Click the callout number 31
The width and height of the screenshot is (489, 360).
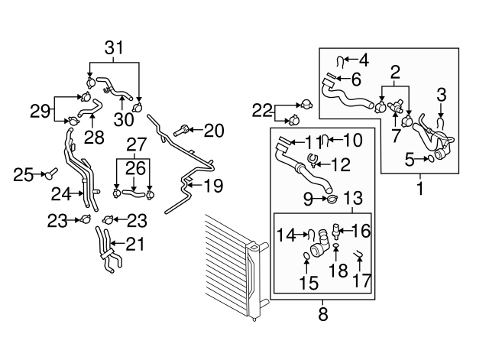114,48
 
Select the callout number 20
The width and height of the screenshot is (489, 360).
214,131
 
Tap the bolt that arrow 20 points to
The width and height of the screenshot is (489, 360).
180,130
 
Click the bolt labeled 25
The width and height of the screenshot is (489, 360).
50,174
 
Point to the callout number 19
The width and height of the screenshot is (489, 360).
215,185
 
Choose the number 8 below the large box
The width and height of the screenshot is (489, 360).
323,314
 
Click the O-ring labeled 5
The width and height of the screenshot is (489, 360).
430,159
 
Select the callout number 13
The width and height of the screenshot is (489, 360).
353,198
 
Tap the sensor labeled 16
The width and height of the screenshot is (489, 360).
336,232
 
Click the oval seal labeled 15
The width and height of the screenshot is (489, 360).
306,256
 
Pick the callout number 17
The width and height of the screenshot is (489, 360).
361,281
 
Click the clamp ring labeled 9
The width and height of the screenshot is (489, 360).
332,199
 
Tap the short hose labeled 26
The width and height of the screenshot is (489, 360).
134,193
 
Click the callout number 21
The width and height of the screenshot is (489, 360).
135,245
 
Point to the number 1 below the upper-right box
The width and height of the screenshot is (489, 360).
420,189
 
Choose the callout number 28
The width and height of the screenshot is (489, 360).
94,138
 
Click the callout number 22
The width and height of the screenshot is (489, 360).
262,111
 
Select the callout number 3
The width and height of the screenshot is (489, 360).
442,95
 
